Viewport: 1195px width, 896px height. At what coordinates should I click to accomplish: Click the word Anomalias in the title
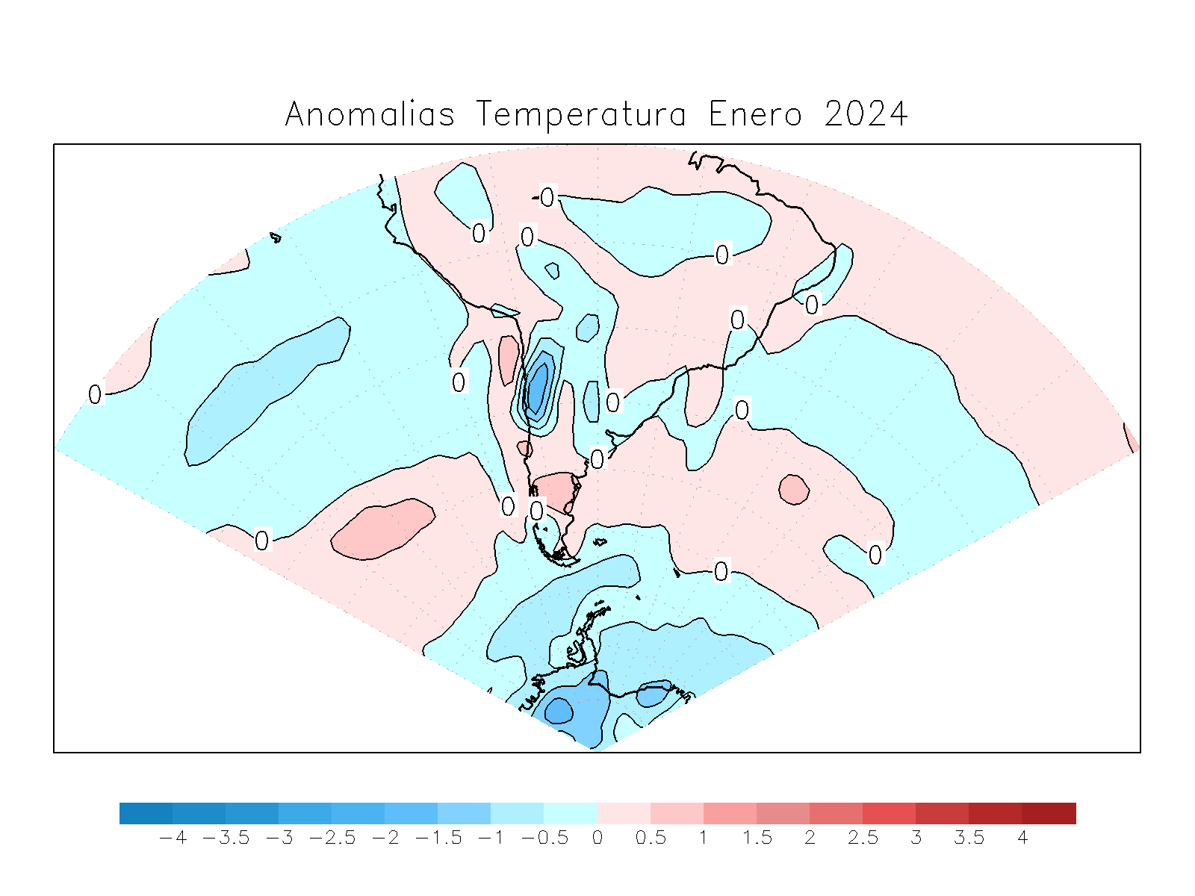(370, 114)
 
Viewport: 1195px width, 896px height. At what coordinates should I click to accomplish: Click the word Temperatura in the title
(581, 114)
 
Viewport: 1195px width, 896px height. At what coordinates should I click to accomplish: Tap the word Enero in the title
(755, 114)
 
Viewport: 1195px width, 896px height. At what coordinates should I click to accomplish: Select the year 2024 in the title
(866, 114)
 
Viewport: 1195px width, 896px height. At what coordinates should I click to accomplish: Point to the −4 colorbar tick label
(173, 838)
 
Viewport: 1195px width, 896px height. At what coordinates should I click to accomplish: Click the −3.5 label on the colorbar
(226, 838)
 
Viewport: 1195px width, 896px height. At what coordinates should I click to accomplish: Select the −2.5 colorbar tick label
(332, 838)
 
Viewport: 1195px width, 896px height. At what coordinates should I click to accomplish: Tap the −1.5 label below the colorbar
(438, 838)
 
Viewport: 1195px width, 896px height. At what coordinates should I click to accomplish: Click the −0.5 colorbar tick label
(544, 838)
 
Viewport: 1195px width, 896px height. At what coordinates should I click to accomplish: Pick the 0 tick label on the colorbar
(597, 838)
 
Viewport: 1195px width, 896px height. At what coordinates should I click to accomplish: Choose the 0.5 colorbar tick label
(651, 838)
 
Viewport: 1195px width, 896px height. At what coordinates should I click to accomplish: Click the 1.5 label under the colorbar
(757, 838)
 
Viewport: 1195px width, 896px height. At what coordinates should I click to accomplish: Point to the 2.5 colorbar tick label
(863, 838)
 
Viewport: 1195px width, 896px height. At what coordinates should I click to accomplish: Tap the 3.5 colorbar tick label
(969, 838)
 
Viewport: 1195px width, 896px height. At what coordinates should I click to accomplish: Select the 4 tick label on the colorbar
(1022, 838)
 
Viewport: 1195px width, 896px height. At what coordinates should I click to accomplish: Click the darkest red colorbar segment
(1049, 813)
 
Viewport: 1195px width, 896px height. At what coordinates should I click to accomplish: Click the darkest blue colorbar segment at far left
(146, 813)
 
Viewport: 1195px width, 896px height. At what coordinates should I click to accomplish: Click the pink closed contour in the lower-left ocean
(383, 528)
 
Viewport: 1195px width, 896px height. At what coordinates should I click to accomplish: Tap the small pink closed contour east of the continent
(794, 489)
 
